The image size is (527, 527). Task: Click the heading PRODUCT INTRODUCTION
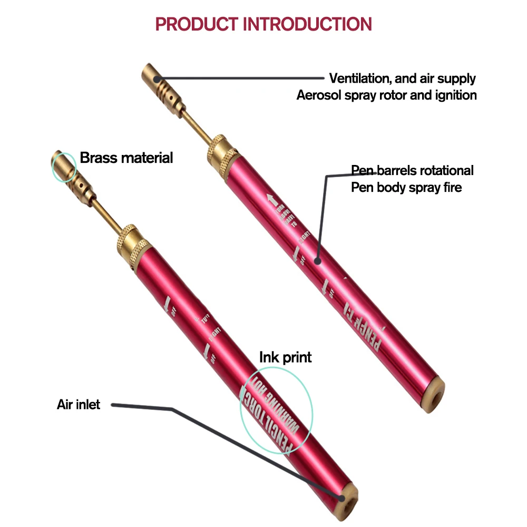[x=263, y=24]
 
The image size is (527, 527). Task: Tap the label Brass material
[x=126, y=158]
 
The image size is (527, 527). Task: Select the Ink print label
[x=285, y=357]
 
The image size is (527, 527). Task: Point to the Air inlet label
[x=79, y=405]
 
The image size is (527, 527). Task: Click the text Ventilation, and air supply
[x=402, y=79]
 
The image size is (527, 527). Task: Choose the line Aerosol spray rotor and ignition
[x=386, y=95]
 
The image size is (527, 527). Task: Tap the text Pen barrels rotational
[x=412, y=170]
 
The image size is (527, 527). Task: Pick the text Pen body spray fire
[x=406, y=187]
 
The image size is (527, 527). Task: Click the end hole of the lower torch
[x=344, y=497]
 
